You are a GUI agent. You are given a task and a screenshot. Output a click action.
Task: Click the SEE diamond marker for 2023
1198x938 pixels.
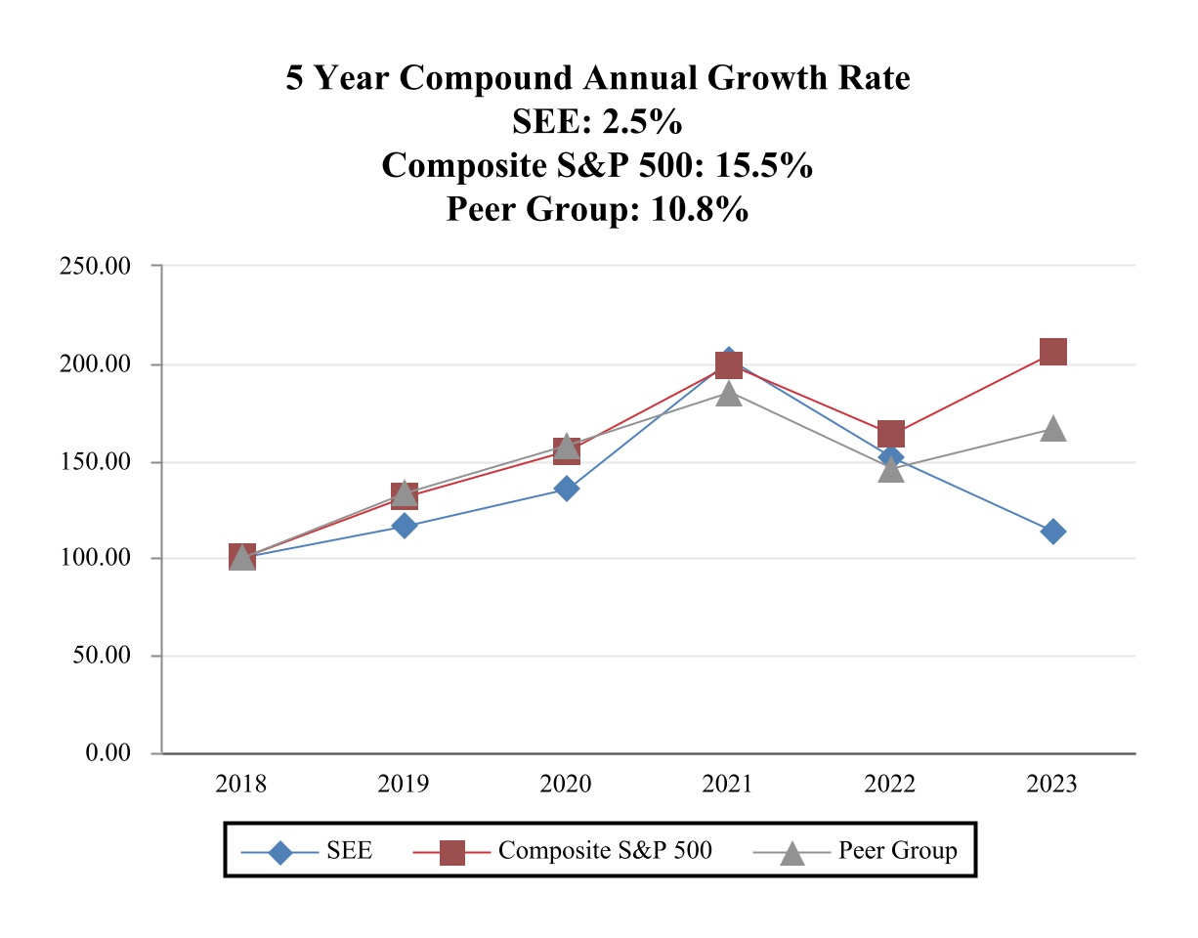coord(1052,532)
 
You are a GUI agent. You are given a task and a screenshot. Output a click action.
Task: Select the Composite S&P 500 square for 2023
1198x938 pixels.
coord(1052,352)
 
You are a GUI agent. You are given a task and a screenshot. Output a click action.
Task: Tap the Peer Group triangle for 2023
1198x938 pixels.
coord(1052,429)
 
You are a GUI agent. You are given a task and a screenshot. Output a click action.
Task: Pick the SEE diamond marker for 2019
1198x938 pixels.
coord(405,526)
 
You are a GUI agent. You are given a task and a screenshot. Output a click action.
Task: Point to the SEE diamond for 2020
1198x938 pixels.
coord(567,489)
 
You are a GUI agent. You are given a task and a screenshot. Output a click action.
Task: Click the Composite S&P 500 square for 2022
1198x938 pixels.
coord(890,434)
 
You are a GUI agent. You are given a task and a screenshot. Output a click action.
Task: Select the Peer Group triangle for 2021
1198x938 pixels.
coord(728,394)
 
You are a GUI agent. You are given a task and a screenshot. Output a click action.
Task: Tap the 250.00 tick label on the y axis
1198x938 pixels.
coord(96,266)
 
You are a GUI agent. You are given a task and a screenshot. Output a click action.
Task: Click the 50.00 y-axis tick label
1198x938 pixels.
coord(102,656)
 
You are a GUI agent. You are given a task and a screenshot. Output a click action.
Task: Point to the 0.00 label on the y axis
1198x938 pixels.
coord(107,753)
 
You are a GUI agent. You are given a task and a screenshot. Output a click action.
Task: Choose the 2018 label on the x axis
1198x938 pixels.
coord(241,785)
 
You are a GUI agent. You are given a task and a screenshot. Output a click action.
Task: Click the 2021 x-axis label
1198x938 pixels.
coord(728,785)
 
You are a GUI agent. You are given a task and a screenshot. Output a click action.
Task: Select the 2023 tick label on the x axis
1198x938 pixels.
coord(1052,785)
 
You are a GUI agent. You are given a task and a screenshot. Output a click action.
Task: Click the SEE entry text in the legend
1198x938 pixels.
coord(349,850)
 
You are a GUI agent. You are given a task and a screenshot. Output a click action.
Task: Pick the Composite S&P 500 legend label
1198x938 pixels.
coord(605,850)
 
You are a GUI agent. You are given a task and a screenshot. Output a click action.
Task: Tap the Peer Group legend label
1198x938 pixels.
coord(898,850)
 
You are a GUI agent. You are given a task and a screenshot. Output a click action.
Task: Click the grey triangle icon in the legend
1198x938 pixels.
coord(792,852)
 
